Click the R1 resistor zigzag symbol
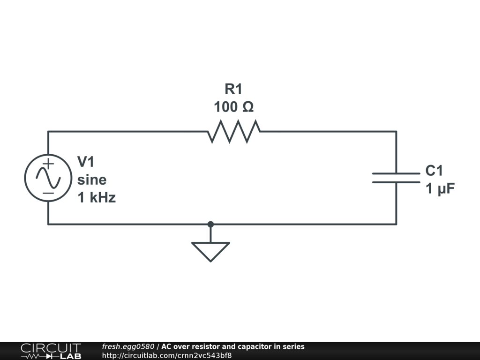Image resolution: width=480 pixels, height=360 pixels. (233, 131)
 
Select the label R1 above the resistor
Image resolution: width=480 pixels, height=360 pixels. (233, 89)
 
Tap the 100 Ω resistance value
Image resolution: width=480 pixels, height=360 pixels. (233, 107)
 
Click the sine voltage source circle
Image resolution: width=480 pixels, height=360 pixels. (48, 178)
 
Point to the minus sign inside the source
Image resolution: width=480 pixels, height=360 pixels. (48, 193)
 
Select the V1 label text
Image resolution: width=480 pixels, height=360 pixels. (86, 162)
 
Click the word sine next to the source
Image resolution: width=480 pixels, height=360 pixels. (92, 180)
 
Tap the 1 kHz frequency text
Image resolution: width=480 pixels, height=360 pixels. (97, 198)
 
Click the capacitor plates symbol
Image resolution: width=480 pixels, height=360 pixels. (396, 178)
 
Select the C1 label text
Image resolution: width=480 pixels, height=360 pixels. (434, 171)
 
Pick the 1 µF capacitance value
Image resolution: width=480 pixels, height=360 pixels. (440, 188)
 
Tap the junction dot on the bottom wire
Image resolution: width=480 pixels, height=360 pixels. (210, 224)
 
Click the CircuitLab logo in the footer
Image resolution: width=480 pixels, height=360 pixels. (51, 351)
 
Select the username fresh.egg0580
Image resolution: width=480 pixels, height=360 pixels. (128, 347)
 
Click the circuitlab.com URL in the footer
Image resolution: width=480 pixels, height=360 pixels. (166, 355)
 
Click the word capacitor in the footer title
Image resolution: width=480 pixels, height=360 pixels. (254, 347)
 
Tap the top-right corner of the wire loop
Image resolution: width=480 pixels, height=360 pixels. (396, 131)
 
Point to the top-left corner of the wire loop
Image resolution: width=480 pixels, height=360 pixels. (48, 131)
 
